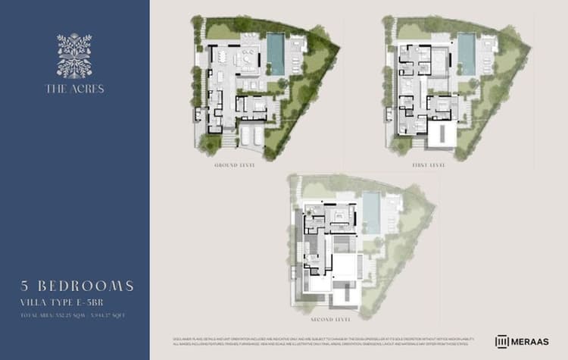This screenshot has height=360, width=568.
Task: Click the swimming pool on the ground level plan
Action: click(276, 53)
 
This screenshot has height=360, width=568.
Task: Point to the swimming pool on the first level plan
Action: click(467, 53)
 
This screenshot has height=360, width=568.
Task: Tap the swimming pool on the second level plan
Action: click(371, 211)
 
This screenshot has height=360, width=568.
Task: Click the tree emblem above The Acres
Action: click(74, 55)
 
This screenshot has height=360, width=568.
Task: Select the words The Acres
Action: click(74, 89)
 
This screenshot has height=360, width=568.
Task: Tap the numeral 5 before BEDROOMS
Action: click(25, 286)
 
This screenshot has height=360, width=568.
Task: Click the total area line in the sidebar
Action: click(74, 313)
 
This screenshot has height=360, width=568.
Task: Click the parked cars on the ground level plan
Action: click(251, 135)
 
